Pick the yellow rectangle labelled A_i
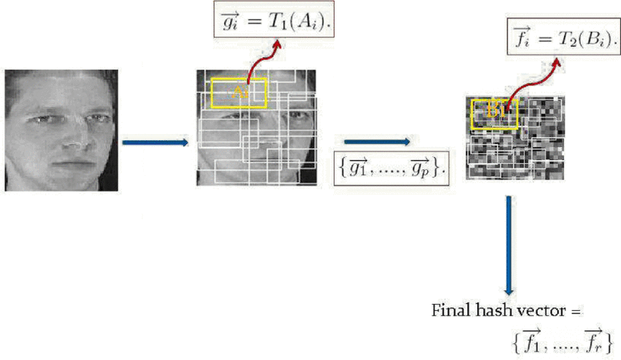[239, 92]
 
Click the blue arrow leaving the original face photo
[154, 142]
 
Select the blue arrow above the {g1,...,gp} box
[376, 141]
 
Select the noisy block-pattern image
[515, 139]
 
